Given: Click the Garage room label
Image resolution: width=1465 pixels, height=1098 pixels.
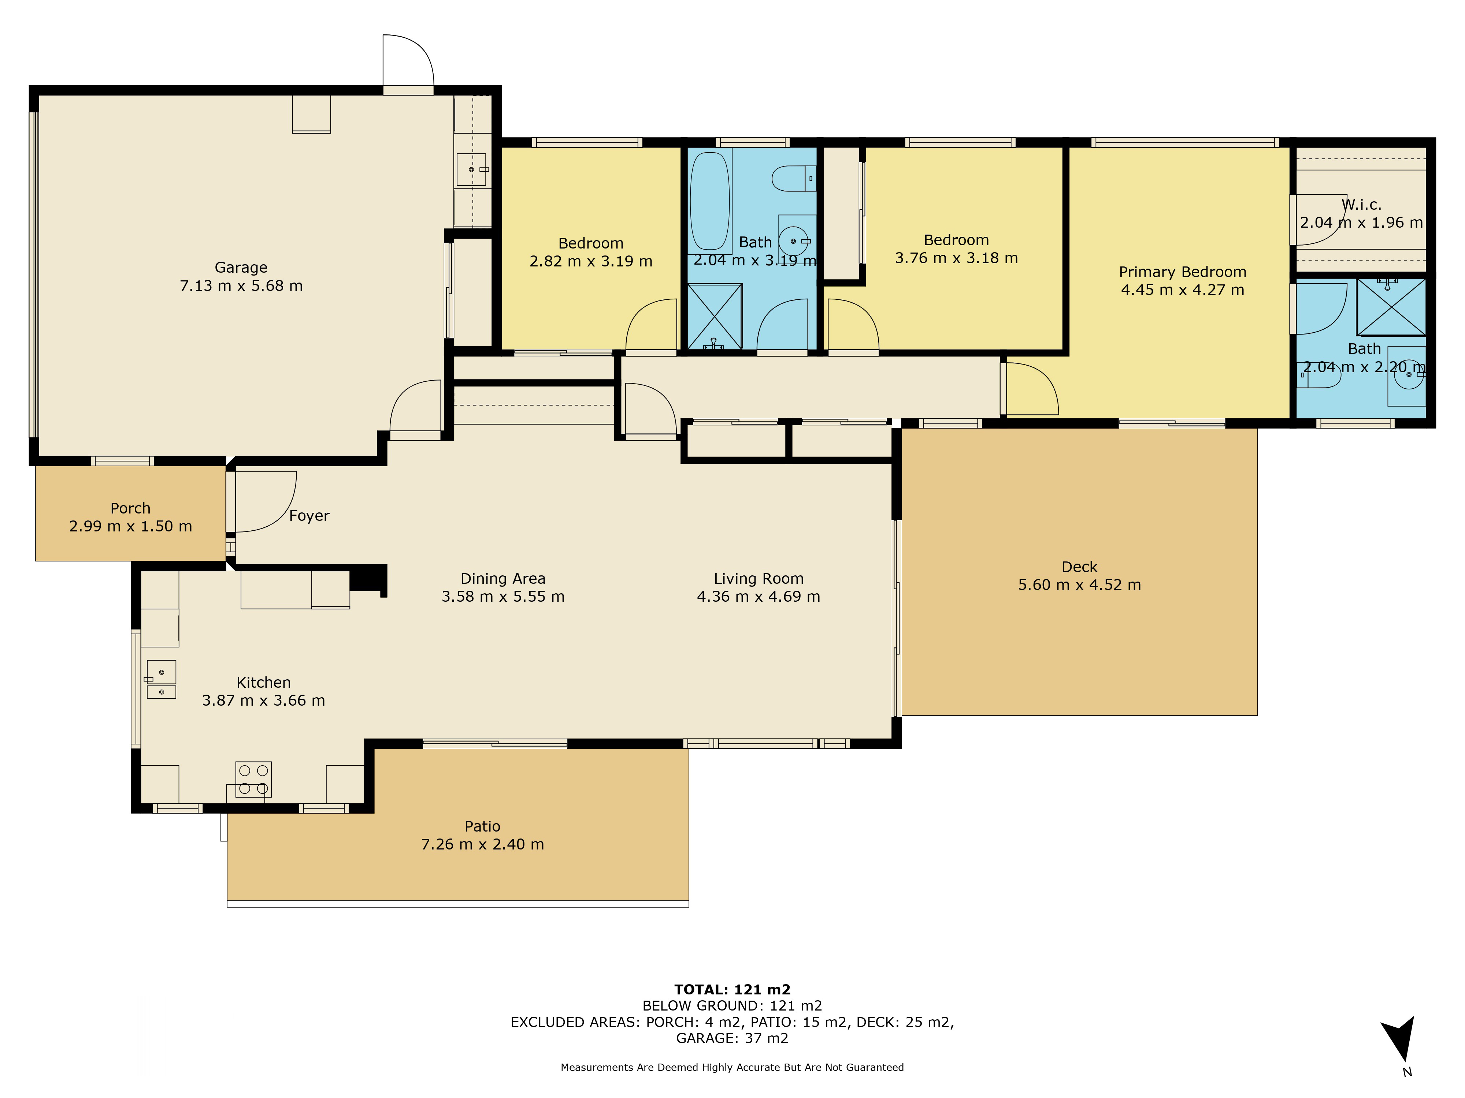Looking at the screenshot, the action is tap(241, 268).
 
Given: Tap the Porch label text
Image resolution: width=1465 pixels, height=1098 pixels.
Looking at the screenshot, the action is tap(130, 508).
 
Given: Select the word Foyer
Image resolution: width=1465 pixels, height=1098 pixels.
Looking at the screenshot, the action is tap(309, 516).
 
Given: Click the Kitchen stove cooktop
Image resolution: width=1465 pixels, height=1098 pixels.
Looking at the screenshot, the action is tap(254, 779).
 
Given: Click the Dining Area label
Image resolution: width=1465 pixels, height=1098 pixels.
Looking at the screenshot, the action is tap(503, 578).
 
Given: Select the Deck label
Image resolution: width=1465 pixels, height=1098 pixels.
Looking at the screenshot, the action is tap(1080, 567).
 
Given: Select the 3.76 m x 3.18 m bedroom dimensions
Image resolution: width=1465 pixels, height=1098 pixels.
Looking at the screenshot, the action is tap(956, 258).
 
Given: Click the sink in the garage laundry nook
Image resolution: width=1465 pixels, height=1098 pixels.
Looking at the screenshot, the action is tap(472, 169).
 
